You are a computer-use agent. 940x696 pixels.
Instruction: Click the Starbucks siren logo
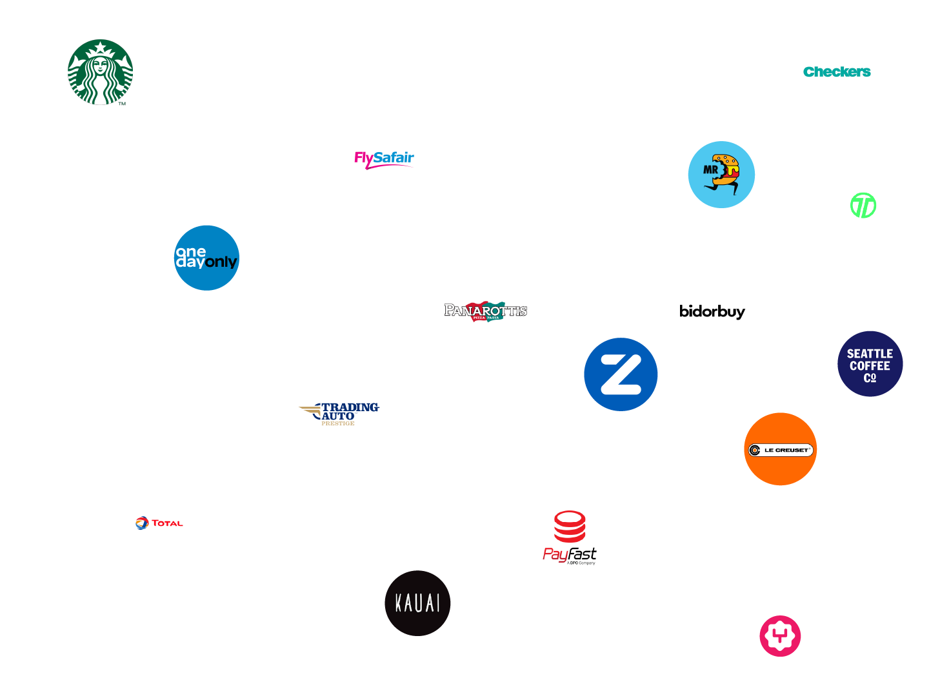pyautogui.click(x=100, y=72)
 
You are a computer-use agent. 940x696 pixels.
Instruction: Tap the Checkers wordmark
pyautogui.click(x=837, y=72)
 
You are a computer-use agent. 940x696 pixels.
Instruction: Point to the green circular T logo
pyautogui.click(x=863, y=206)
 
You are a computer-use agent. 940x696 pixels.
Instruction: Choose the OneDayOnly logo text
pyautogui.click(x=206, y=257)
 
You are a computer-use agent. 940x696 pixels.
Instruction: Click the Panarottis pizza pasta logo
pyautogui.click(x=486, y=311)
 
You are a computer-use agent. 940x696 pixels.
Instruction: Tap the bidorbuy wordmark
pyautogui.click(x=712, y=312)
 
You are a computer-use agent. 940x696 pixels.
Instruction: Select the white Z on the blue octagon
pyautogui.click(x=620, y=374)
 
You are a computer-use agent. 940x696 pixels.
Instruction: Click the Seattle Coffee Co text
pyautogui.click(x=870, y=365)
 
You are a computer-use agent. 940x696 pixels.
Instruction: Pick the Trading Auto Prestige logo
pyautogui.click(x=339, y=413)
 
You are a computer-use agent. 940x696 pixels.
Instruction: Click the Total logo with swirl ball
pyautogui.click(x=159, y=523)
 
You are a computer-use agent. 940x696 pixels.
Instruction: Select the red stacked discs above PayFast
pyautogui.click(x=570, y=526)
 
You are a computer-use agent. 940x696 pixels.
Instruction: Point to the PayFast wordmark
pyautogui.click(x=570, y=555)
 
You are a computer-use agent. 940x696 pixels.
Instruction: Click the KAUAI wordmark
pyautogui.click(x=417, y=603)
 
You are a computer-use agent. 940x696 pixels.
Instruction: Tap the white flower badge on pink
pyautogui.click(x=779, y=636)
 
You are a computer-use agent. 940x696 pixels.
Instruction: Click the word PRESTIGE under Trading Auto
pyautogui.click(x=337, y=423)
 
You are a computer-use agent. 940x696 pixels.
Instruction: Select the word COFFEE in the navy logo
pyautogui.click(x=870, y=366)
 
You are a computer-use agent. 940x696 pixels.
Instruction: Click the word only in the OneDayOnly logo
pyautogui.click(x=221, y=262)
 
